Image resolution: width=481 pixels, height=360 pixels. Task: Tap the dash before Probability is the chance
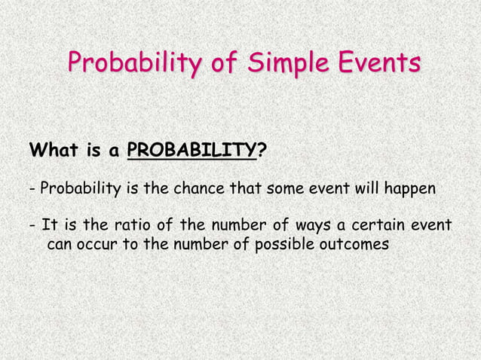click(32, 188)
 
